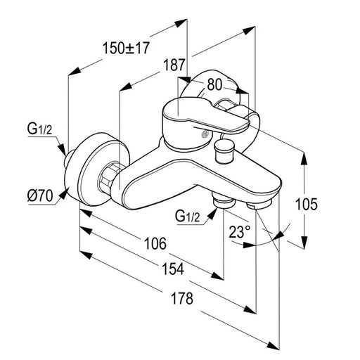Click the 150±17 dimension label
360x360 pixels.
126,48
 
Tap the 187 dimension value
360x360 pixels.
174,65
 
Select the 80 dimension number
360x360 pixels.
214,84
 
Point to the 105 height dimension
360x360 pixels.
306,204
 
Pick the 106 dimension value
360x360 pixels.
155,243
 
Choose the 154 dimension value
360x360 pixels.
173,269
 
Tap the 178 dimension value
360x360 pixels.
182,298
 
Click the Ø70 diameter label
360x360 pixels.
40,195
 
